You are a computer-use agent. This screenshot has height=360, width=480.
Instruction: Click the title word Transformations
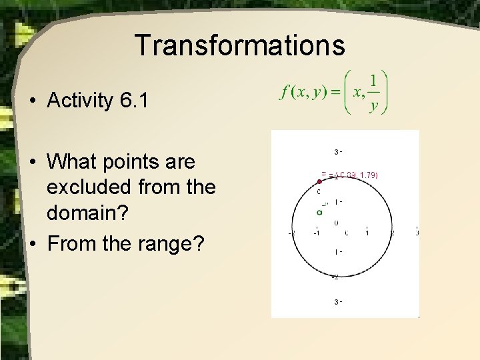point(240,45)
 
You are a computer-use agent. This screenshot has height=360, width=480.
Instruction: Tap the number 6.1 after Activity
point(132,101)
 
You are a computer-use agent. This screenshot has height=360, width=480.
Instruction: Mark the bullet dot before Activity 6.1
point(32,102)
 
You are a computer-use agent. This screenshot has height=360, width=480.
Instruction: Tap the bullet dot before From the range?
point(32,244)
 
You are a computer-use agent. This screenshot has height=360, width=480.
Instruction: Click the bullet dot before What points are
point(32,162)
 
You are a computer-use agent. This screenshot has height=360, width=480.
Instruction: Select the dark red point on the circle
point(319,181)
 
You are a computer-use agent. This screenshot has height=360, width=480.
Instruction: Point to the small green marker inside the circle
point(319,212)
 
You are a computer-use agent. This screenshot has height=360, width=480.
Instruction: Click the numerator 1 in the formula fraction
point(373,81)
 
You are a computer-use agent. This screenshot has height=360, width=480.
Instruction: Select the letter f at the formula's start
point(284,93)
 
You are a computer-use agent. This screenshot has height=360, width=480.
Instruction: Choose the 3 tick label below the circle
point(336,302)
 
